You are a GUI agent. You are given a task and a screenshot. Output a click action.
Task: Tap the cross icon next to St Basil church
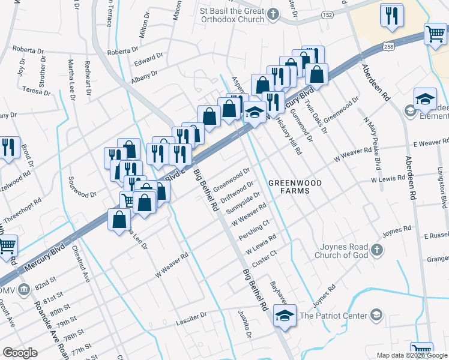273,14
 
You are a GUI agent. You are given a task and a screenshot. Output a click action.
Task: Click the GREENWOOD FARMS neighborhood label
295,187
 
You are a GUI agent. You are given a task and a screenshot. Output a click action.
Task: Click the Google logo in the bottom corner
20,353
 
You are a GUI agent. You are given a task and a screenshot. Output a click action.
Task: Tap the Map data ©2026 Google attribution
411,355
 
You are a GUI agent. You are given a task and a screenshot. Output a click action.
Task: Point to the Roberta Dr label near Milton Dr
123,51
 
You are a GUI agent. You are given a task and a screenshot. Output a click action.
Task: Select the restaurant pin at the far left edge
8,148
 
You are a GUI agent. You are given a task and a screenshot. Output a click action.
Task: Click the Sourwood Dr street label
82,187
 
